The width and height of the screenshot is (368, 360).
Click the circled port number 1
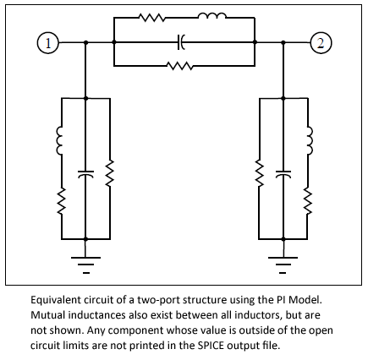coord(48,43)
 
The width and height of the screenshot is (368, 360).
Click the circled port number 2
coord(321,43)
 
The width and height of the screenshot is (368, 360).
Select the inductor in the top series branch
coord(212,16)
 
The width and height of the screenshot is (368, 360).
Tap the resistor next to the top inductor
coord(152,18)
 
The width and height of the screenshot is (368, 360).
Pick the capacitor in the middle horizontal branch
coord(181,42)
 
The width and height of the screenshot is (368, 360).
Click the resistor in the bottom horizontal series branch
coord(180,66)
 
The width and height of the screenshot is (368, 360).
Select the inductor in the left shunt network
coord(59,141)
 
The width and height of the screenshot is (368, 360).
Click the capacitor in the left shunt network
coord(85,174)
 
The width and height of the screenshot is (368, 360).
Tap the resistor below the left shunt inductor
coord(62,201)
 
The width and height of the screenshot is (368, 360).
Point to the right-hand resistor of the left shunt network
coord(110,173)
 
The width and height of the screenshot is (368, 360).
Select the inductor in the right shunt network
coord(310,140)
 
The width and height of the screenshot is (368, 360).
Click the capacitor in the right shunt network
coord(283,174)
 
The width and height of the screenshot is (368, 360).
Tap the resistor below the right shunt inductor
coord(308,201)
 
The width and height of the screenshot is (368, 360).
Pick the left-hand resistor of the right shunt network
coord(259,173)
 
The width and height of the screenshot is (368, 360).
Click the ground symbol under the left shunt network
coord(85,265)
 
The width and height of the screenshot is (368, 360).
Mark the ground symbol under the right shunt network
coord(283,265)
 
